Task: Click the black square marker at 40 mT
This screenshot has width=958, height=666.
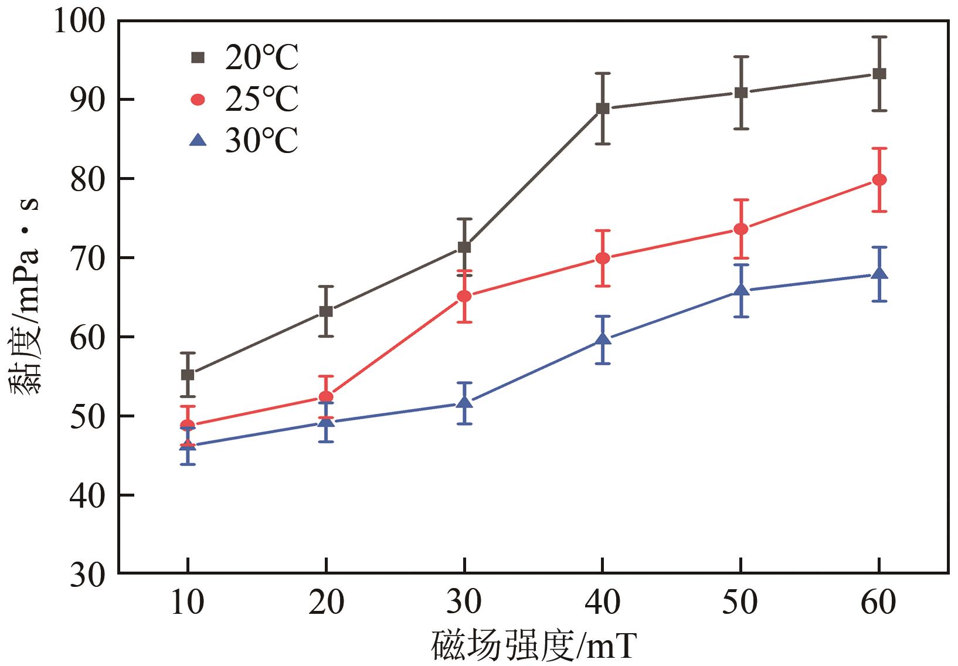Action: [603, 108]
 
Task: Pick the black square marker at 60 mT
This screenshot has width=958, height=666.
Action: [879, 74]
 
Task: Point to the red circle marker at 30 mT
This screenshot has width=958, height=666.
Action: [464, 296]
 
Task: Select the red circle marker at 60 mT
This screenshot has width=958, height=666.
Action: [879, 179]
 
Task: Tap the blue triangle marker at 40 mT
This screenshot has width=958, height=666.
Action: [603, 339]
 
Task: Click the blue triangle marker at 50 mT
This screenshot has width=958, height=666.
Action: [741, 290]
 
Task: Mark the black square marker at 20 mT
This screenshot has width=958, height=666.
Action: [326, 311]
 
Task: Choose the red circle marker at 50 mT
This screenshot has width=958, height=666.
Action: [741, 229]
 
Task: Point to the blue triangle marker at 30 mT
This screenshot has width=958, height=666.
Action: [464, 402]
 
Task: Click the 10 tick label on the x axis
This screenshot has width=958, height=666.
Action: [188, 603]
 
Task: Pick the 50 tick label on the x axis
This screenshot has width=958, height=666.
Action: [741, 603]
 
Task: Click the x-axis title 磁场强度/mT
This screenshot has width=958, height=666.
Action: [534, 646]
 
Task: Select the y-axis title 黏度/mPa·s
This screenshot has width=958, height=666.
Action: [25, 296]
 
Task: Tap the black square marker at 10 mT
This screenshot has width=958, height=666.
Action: [188, 375]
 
